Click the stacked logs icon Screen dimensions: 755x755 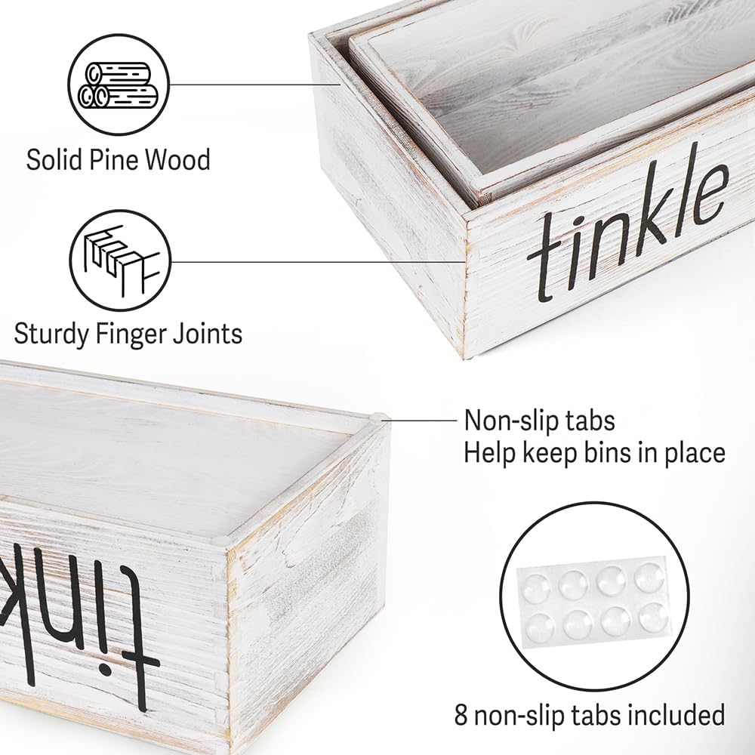click(119, 85)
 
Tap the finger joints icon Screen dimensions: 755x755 click(120, 260)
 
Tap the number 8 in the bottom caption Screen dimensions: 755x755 click(461, 715)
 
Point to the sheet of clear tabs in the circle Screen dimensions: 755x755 click(593, 602)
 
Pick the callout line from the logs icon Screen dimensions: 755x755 click(256, 85)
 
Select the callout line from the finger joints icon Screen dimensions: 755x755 click(319, 263)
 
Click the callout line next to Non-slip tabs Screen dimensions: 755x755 click(421, 420)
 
